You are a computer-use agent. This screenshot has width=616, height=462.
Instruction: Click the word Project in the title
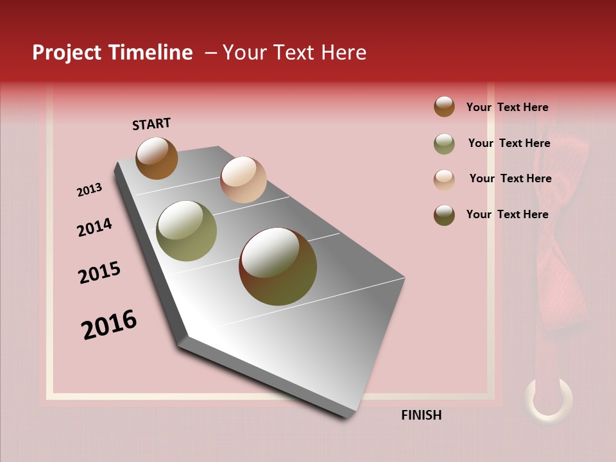[65, 53]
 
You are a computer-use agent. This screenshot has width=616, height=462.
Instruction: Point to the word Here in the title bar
[343, 53]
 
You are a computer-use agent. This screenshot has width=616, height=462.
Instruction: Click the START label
[151, 124]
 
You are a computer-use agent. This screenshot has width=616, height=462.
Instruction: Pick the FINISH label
[421, 415]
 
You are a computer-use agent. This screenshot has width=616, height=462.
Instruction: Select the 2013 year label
[89, 190]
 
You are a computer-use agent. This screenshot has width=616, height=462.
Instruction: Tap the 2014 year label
[94, 227]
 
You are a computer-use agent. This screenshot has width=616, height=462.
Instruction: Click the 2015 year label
[99, 273]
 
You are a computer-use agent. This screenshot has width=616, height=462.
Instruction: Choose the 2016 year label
[109, 324]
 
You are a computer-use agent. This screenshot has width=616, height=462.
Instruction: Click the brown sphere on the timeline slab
[157, 158]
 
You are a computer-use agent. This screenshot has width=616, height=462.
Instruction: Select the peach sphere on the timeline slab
[243, 180]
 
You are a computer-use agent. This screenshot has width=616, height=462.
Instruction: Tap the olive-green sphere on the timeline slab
[186, 231]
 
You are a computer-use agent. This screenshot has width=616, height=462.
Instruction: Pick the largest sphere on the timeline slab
[278, 266]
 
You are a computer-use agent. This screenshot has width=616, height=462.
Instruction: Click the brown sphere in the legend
[444, 107]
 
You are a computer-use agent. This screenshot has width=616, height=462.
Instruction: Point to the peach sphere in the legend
[444, 180]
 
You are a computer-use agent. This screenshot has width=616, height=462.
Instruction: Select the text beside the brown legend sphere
[507, 107]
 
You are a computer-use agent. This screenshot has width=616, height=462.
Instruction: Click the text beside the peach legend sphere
[510, 178]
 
